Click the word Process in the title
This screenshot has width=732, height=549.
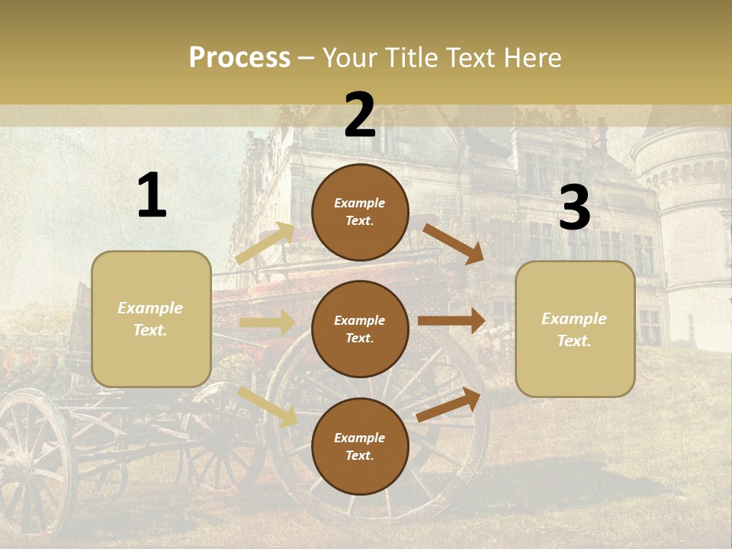coord(239,58)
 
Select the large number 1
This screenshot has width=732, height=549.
coord(152,197)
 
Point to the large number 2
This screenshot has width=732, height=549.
coord(360,116)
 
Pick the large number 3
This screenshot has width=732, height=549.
coord(574,209)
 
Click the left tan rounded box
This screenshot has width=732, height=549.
coord(151,319)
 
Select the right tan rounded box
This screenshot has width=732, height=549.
coord(575,329)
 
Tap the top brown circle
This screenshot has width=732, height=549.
coord(360,212)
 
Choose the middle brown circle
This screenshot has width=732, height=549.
coord(360,329)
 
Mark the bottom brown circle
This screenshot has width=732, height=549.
coord(360,446)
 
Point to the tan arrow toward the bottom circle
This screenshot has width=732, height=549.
coord(268,406)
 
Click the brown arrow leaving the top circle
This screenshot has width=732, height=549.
coord(454,243)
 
